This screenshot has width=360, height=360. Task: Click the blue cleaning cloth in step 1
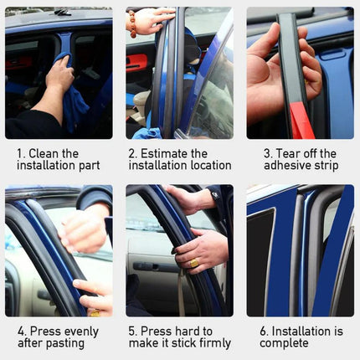point(77,109)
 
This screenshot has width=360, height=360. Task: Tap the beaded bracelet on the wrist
point(132,23)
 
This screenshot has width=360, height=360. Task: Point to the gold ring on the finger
point(194,262)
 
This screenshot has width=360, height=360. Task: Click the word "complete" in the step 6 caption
point(285,343)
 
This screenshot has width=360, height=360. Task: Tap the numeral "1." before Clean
point(22,154)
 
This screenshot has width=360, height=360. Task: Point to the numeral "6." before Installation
point(265,332)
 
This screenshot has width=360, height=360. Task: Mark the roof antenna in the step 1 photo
point(62,12)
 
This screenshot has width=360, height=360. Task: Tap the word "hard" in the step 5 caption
point(178,332)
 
